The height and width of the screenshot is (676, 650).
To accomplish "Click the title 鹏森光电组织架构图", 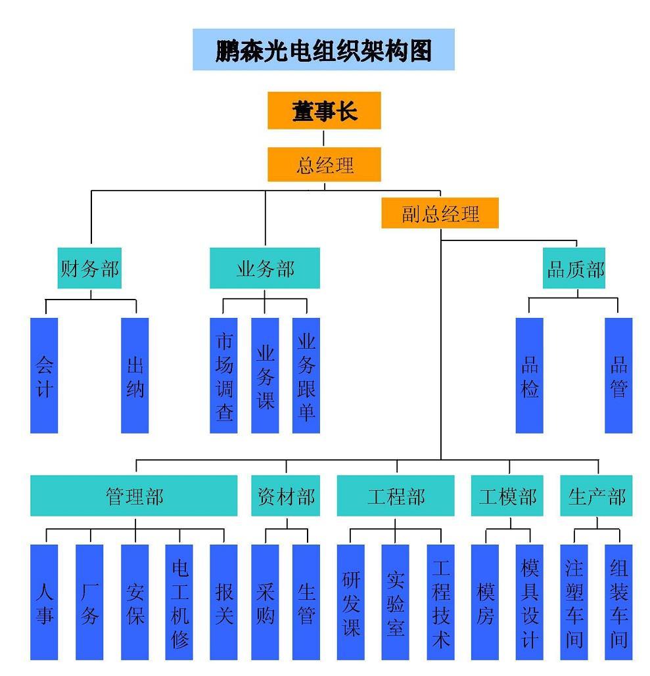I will [323, 50].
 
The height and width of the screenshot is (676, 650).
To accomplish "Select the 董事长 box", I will [324, 110].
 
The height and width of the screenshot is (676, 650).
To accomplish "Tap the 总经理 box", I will [324, 164].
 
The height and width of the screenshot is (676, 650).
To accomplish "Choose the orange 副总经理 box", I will [440, 213].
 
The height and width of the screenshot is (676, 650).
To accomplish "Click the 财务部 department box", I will [89, 268].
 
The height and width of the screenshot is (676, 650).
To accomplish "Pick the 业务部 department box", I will [265, 268].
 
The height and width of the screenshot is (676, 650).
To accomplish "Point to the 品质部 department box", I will [575, 268].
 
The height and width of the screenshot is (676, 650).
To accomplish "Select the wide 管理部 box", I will [134, 496].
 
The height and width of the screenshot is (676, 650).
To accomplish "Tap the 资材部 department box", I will [286, 496].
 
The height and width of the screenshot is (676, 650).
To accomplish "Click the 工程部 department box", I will [396, 496].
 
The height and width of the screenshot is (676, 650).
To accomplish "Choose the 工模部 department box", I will [507, 496].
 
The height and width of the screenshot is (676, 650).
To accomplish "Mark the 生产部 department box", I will [596, 496].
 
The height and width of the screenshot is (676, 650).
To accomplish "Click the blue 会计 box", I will [44, 376].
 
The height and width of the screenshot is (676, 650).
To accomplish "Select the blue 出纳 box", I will [135, 376].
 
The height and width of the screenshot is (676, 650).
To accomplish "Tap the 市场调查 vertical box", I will [223, 376].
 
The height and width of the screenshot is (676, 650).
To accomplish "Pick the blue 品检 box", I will [530, 376].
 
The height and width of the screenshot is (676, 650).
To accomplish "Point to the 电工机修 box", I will [179, 602].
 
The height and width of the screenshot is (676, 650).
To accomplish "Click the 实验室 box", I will [395, 602].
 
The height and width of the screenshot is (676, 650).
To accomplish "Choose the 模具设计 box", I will [529, 602].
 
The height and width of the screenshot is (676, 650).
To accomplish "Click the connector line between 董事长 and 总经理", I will [324, 138].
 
